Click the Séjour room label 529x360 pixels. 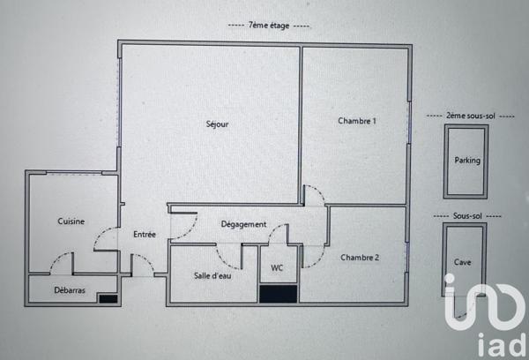[217, 124]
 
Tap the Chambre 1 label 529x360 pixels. [356, 121]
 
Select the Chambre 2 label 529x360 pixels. [360, 257]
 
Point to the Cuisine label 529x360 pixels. [71, 221]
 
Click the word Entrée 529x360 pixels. [145, 235]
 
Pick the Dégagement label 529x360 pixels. [243, 224]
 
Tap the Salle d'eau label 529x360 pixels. [212, 275]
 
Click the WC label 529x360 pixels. [277, 268]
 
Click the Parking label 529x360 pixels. [467, 161]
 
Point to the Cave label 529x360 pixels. [463, 262]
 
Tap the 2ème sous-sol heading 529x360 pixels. [465, 116]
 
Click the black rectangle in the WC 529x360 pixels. [278, 295]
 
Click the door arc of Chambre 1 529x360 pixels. [312, 194]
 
